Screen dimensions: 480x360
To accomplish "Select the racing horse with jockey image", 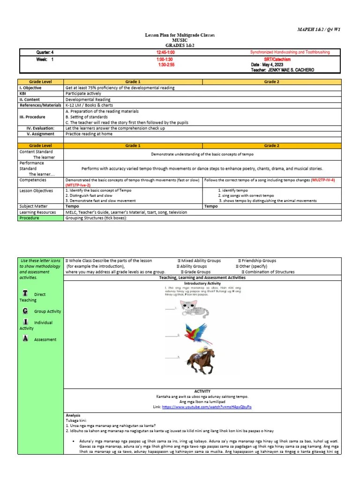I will tap(199, 360).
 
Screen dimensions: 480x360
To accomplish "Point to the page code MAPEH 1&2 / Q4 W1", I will tap(319, 30).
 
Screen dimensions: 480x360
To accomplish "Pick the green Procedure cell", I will tap(30, 218).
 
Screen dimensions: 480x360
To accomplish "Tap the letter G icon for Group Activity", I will tap(25, 311).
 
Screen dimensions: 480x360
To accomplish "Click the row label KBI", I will tap(23, 94).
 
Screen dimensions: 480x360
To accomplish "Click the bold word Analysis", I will tap(73, 415).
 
